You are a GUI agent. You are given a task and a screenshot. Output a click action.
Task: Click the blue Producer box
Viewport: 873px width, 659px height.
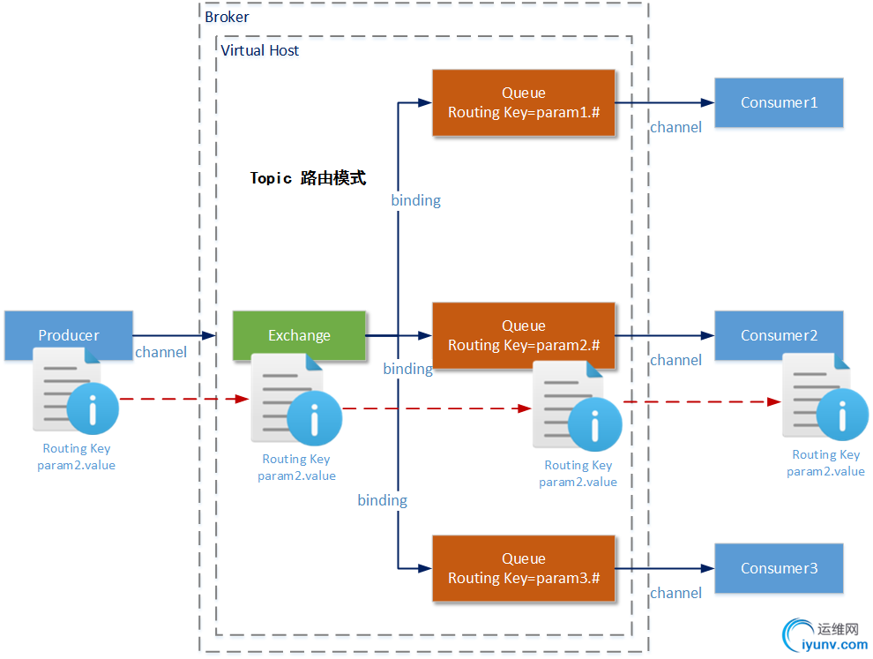[69, 335]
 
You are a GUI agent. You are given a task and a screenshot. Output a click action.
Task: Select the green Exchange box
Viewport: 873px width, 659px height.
[299, 335]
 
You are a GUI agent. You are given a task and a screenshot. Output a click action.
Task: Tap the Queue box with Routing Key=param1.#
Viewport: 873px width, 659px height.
[523, 102]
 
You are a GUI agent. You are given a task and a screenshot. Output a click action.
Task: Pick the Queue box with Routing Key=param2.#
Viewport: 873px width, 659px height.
[523, 335]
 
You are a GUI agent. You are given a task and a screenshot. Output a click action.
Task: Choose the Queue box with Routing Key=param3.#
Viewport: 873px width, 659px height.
[523, 568]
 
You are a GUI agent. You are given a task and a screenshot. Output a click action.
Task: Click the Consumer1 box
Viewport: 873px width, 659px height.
[779, 102]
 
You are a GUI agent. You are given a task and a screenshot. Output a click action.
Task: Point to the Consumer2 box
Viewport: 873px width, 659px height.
[779, 335]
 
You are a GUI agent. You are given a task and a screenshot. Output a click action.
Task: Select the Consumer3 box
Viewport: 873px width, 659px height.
[779, 568]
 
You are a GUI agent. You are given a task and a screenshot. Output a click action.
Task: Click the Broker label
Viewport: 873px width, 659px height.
[227, 17]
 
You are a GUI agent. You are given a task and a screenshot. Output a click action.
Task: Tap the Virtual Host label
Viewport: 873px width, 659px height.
[259, 50]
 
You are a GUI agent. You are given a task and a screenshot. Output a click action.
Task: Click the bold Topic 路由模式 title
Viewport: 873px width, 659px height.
[308, 178]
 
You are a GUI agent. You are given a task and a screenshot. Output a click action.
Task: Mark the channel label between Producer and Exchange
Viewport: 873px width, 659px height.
[160, 352]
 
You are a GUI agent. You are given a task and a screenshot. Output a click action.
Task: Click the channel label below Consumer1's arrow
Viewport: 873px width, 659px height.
[675, 127]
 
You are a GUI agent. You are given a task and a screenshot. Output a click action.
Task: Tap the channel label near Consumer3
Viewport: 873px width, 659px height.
[675, 593]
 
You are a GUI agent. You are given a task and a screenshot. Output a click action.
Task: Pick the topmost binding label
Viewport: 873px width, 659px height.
[415, 200]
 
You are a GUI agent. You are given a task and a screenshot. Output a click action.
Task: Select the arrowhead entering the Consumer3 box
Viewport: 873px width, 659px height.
[708, 568]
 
